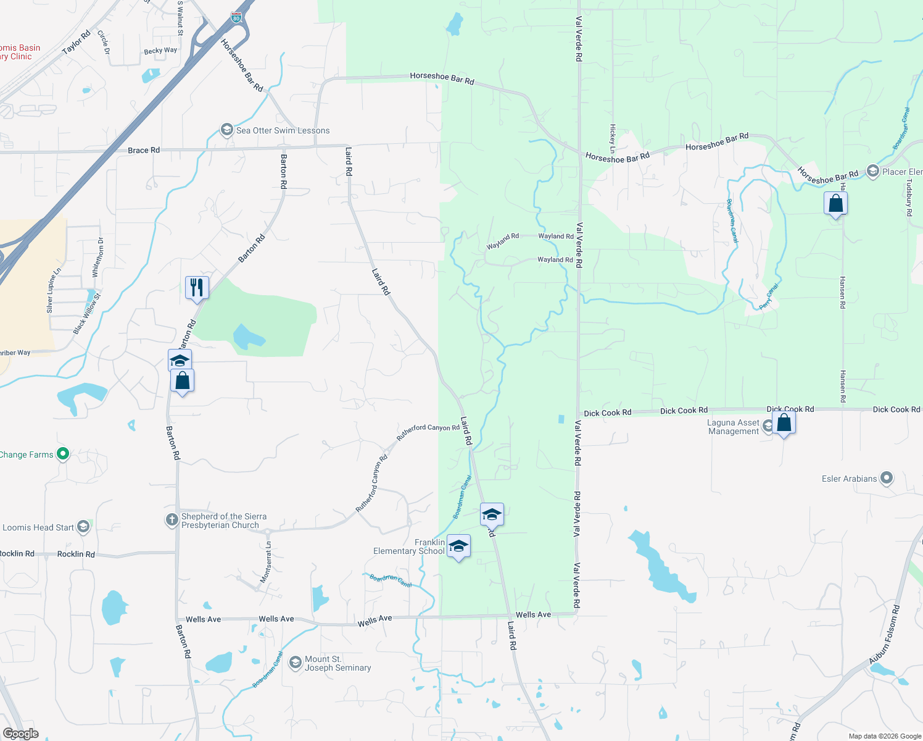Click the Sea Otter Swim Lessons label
(x=283, y=131)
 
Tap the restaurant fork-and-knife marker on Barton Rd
(x=197, y=288)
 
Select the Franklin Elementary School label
(x=408, y=546)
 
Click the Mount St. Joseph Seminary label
(x=337, y=663)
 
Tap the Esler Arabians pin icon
(x=887, y=478)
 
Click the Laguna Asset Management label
(x=733, y=427)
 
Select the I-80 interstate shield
(x=236, y=17)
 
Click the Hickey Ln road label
(x=613, y=138)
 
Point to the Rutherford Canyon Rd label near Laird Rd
(x=428, y=431)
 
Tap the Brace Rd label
(x=144, y=150)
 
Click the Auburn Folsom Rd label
(x=884, y=634)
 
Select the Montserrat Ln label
(x=266, y=562)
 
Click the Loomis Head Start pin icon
(x=84, y=527)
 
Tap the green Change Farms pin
(x=62, y=454)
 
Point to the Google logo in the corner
(x=21, y=733)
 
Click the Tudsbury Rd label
(x=909, y=198)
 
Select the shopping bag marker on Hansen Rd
(x=835, y=204)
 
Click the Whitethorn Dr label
(x=98, y=257)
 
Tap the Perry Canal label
(x=769, y=296)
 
